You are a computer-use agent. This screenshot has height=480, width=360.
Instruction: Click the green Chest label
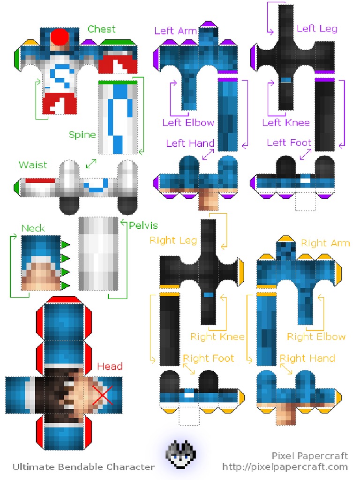101,29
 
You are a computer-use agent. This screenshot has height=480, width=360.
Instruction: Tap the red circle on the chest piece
60,36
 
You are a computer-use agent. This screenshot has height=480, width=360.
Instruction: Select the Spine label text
82,135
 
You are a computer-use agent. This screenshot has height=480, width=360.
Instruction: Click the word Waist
33,165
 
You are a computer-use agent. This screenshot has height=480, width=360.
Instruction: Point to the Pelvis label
143,225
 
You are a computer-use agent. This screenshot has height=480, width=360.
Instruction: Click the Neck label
33,228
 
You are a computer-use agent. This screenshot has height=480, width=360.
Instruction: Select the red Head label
110,366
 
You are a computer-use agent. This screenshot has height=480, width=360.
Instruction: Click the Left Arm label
175,31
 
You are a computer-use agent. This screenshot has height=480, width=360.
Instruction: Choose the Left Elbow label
188,123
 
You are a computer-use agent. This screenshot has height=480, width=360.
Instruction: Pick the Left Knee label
286,123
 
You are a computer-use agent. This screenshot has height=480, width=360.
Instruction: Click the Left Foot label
289,142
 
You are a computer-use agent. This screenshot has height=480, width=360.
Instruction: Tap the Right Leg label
173,240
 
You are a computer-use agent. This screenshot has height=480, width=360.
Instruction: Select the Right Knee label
217,337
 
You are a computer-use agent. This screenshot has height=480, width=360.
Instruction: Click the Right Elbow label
316,337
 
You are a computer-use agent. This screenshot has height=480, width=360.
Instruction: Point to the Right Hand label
307,359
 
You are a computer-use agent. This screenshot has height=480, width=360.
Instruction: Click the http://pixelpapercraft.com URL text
285,467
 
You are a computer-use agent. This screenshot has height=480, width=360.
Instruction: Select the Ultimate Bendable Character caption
83,467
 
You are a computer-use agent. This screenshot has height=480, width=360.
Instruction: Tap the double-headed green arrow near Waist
91,164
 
